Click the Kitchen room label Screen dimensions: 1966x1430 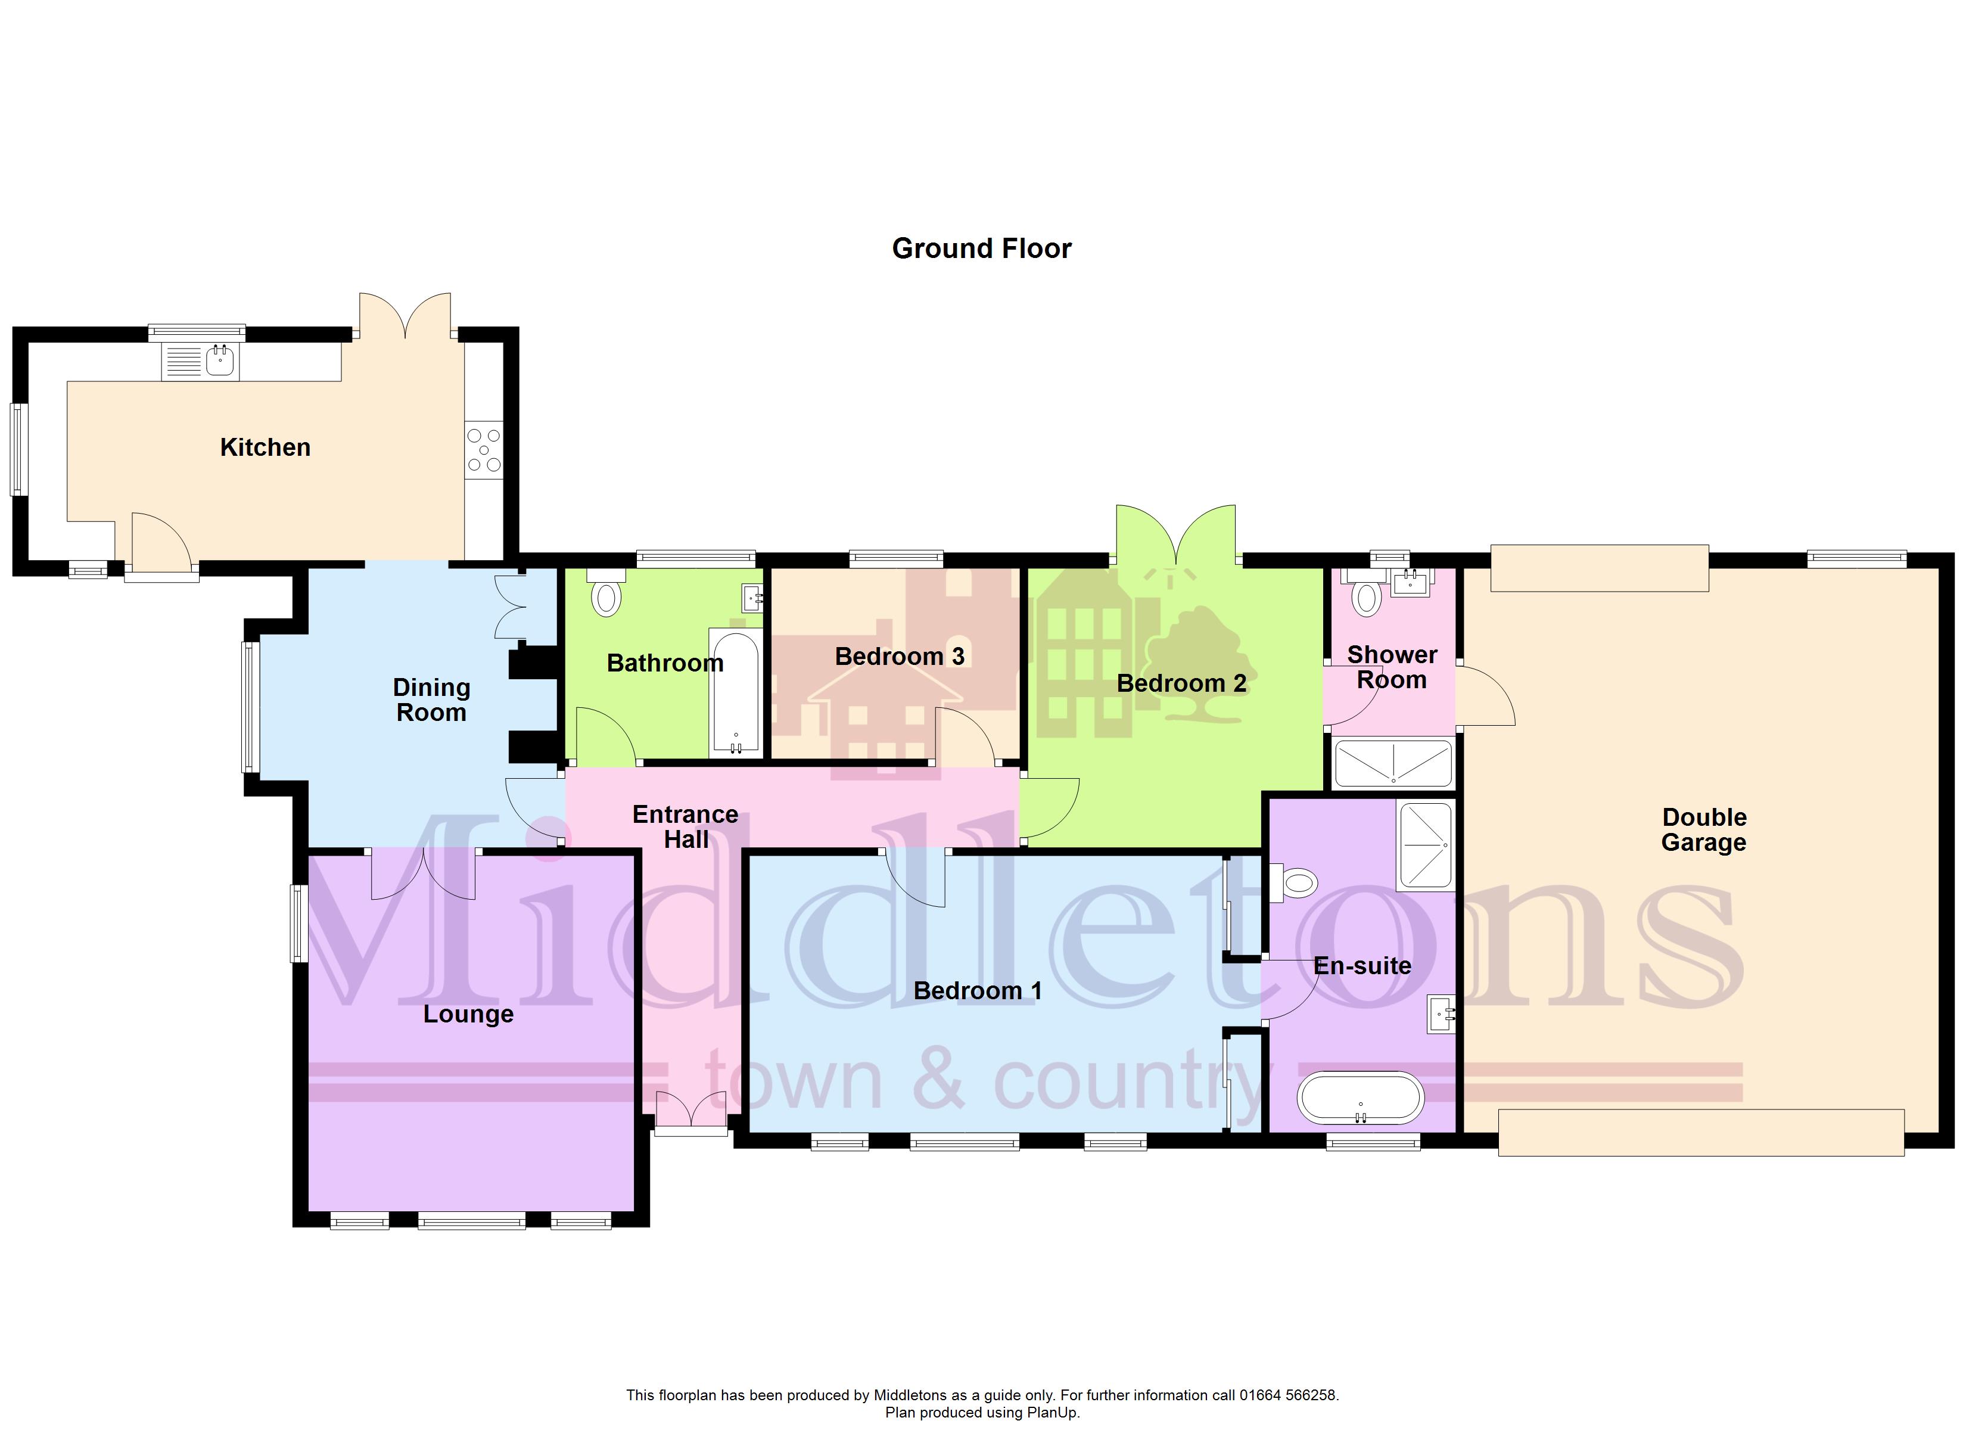(x=265, y=447)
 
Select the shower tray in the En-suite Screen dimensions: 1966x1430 (x=1424, y=845)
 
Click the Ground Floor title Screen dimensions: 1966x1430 (x=981, y=249)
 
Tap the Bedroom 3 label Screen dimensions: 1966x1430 (x=899, y=657)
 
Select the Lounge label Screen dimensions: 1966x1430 (x=468, y=1015)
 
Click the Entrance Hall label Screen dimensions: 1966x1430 (x=686, y=826)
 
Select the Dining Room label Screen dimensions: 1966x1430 (x=432, y=700)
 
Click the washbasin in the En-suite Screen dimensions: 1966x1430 (x=1440, y=1014)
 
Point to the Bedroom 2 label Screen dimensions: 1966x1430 (x=1181, y=683)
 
